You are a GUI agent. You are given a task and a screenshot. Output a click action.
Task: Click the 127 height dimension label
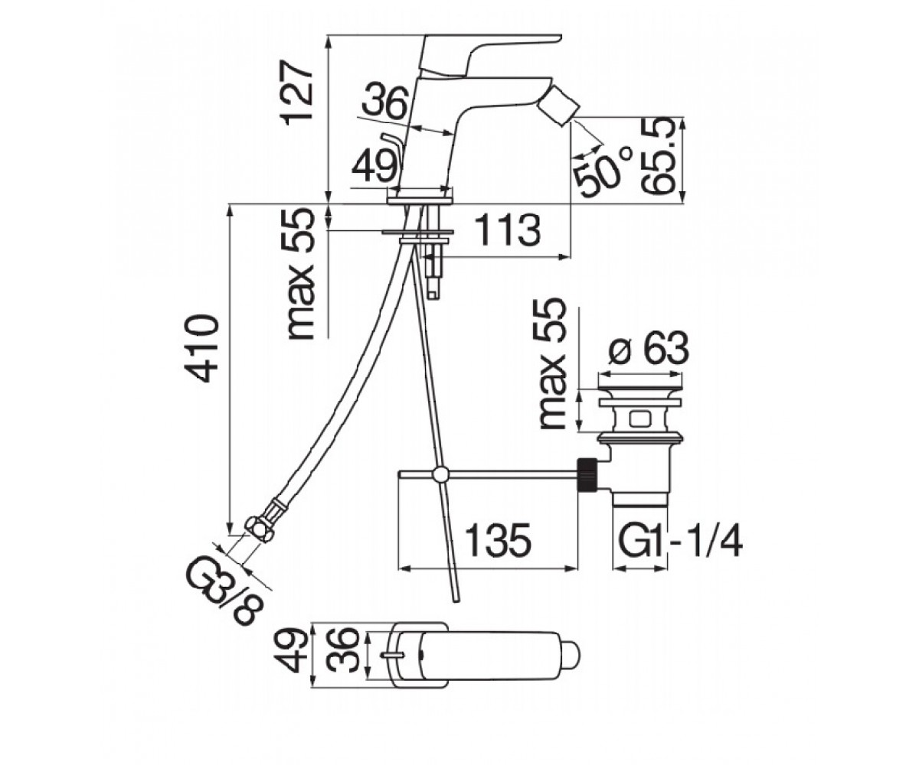click(x=298, y=93)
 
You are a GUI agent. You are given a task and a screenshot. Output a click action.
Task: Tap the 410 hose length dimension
click(x=203, y=348)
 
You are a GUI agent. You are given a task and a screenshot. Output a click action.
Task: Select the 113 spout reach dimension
click(x=508, y=230)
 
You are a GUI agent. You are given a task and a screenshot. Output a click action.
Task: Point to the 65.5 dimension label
click(x=658, y=157)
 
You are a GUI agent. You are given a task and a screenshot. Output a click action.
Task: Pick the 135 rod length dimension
click(x=498, y=539)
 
